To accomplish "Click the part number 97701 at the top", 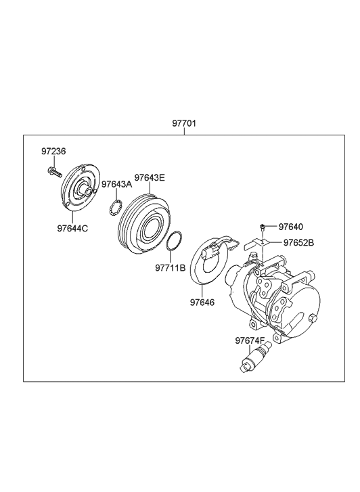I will (x=183, y=124).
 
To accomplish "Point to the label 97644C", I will (x=72, y=228).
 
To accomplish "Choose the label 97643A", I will (x=116, y=184).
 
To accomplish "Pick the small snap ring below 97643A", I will (x=114, y=206).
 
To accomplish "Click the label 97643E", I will (x=149, y=178).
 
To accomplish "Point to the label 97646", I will (x=202, y=303).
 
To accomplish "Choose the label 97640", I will (x=291, y=227).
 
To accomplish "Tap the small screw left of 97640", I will (x=263, y=227).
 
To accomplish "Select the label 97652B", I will (x=298, y=242).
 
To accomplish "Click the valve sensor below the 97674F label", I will (x=255, y=356).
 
